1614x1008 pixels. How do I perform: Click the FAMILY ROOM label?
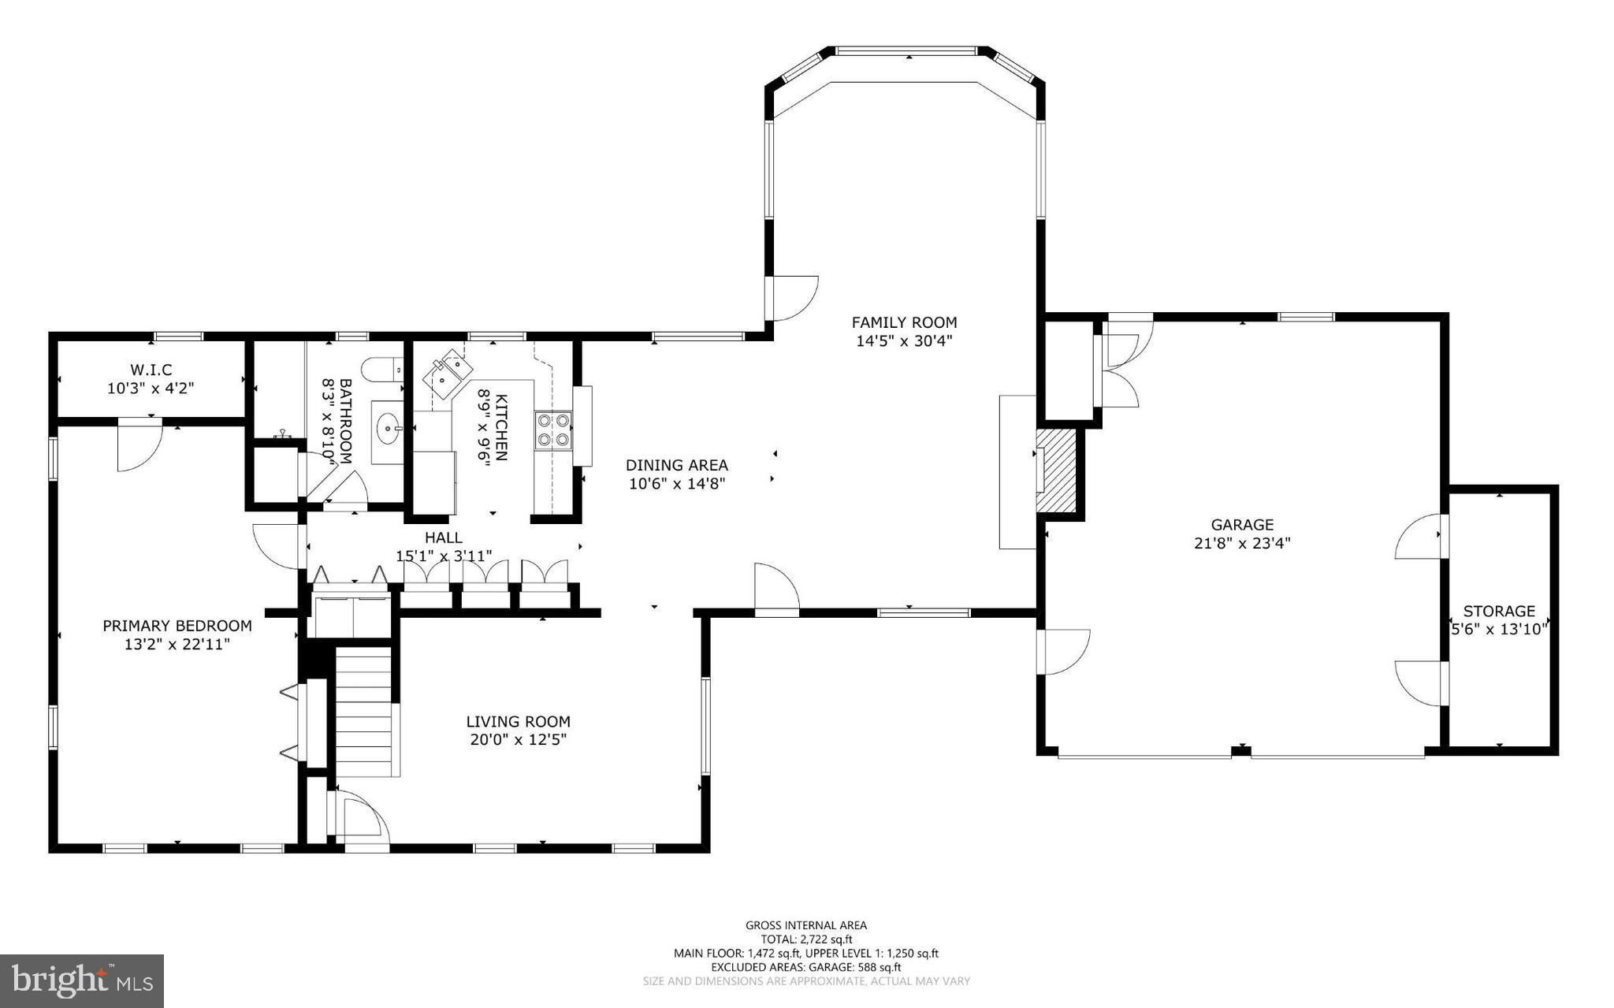pyautogui.click(x=904, y=322)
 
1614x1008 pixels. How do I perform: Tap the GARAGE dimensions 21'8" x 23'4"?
pyautogui.click(x=1242, y=543)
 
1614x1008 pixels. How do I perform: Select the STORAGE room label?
pyautogui.click(x=1499, y=611)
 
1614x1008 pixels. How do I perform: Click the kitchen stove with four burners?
pyautogui.click(x=553, y=430)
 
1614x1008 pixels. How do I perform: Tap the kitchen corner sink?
pyautogui.click(x=447, y=374)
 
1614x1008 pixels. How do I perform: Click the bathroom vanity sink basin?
pyautogui.click(x=388, y=430)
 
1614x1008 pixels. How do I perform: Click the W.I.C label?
pyautogui.click(x=151, y=370)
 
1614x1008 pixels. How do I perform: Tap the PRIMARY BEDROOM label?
pyautogui.click(x=177, y=626)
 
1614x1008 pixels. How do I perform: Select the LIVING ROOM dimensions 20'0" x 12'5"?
pyautogui.click(x=518, y=740)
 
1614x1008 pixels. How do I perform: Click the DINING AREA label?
pyautogui.click(x=677, y=465)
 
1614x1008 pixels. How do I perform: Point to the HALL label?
pyautogui.click(x=444, y=537)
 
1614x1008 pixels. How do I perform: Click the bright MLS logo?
pyautogui.click(x=82, y=980)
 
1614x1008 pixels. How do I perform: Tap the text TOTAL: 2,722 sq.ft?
pyautogui.click(x=806, y=939)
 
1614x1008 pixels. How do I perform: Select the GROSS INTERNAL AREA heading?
pyautogui.click(x=806, y=925)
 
